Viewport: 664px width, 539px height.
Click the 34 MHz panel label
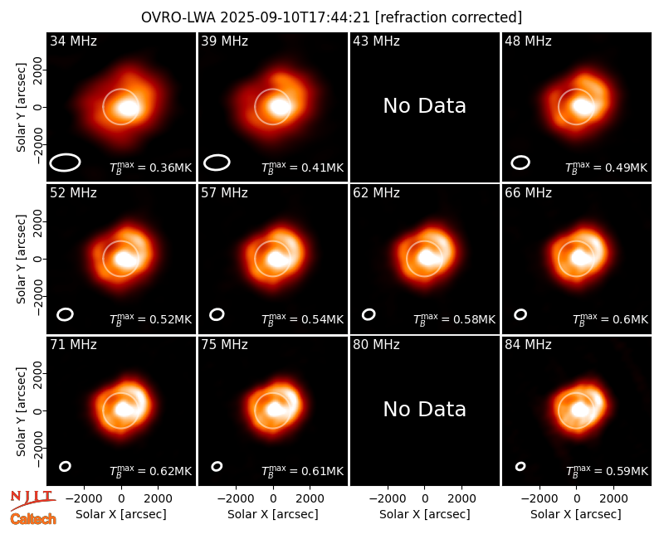73,41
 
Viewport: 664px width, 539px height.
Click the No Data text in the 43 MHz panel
424,106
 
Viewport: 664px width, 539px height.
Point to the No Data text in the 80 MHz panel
424,409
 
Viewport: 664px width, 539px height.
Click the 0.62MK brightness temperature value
171,471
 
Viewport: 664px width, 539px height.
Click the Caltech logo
33,519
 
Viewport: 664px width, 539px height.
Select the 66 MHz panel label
528,193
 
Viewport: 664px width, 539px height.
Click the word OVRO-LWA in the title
178,17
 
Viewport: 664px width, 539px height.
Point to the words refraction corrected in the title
449,17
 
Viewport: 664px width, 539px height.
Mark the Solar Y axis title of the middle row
22,259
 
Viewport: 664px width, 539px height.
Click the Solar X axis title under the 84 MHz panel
576,514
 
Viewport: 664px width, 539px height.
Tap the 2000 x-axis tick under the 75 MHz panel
310,499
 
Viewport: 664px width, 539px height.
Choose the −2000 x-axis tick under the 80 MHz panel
388,499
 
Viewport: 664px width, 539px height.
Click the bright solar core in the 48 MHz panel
583,107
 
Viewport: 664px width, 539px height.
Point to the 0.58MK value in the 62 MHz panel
475,319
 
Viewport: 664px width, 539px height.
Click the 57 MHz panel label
224,193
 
